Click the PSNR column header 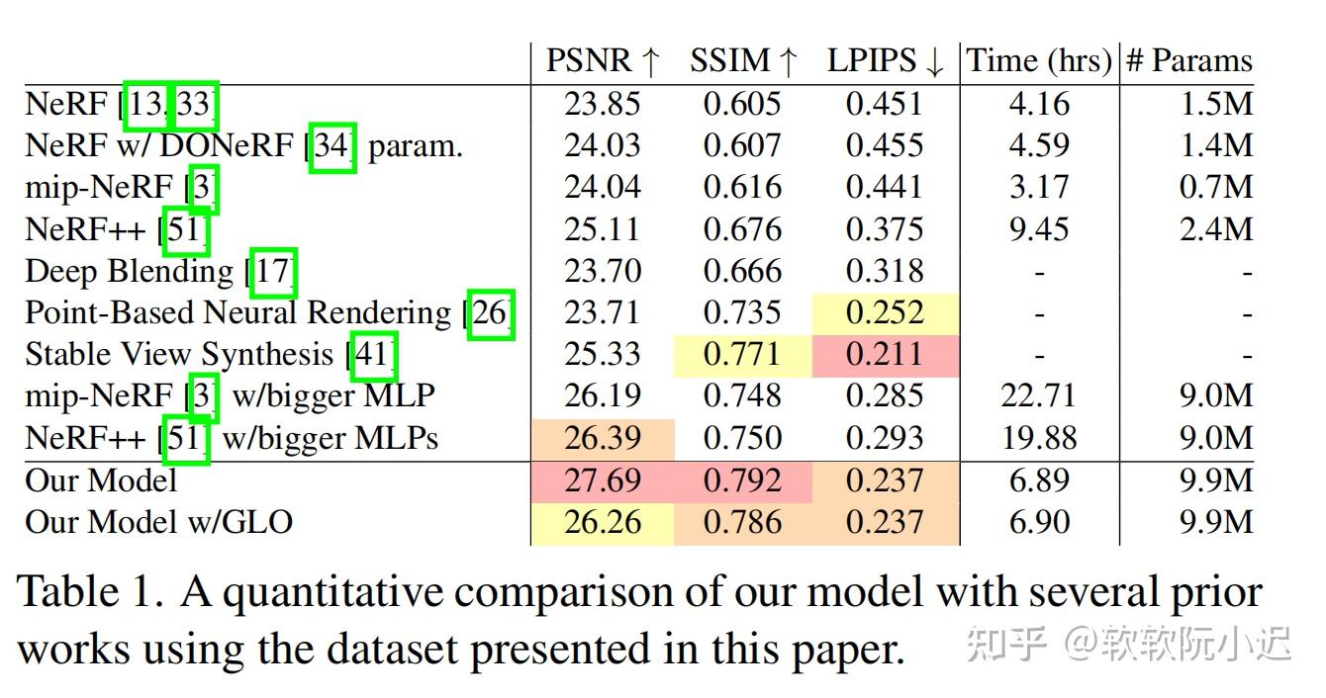coord(602,61)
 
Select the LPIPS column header coord(886,61)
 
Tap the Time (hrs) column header coord(1039,61)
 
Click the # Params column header coord(1188,61)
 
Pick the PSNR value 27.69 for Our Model coord(602,480)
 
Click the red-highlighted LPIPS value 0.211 coord(884,355)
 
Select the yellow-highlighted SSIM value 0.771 coord(741,355)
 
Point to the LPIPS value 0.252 coord(884,313)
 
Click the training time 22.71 coord(1038,396)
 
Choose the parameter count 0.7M coord(1216,187)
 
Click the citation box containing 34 coord(332,146)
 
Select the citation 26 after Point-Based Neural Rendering coord(491,313)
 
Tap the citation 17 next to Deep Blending coord(273,271)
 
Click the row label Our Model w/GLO coord(158,522)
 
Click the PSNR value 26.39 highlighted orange coord(602,438)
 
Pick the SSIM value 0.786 coord(741,522)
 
